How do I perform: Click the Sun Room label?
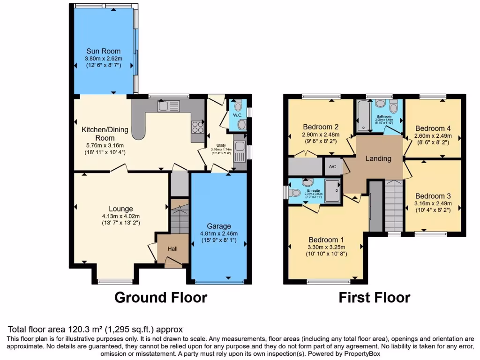[103, 51]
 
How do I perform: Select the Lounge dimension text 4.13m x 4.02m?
[121, 216]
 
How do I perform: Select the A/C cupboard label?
[333, 166]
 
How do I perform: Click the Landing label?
[378, 158]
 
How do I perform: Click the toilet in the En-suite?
[294, 193]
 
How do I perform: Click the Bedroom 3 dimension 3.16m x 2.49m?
[433, 203]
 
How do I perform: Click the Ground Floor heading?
[161, 297]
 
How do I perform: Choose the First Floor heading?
[375, 297]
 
